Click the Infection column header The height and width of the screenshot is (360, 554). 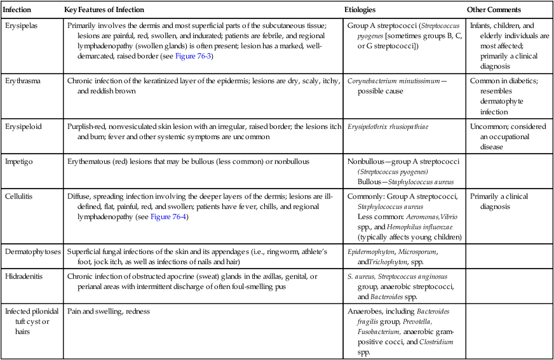click(x=17, y=10)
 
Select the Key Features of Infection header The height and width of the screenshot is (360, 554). click(x=104, y=10)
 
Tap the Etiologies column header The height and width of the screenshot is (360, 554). click(x=360, y=10)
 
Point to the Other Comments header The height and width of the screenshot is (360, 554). click(x=494, y=10)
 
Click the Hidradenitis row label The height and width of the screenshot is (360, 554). click(x=24, y=277)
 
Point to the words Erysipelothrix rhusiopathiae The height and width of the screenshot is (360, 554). click(x=388, y=126)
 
